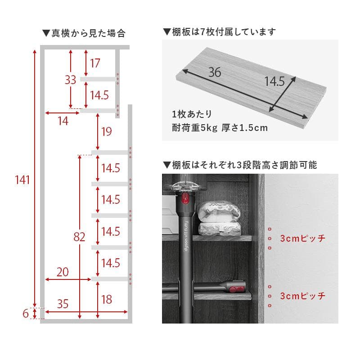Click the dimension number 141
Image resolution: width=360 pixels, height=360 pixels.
(22, 180)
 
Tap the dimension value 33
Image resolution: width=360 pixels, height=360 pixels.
(70, 80)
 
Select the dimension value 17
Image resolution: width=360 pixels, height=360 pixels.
(94, 63)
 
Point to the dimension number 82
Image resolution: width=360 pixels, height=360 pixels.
(79, 237)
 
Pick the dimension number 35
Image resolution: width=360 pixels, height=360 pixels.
(63, 304)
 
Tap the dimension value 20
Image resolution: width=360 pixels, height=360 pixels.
(63, 272)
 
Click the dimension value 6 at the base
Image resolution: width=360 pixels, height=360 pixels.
(25, 313)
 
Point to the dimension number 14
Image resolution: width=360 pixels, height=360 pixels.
(63, 121)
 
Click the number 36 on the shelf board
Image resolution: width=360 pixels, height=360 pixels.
(215, 72)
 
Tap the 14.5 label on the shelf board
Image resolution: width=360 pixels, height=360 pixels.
(274, 81)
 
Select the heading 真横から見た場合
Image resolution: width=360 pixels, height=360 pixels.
(83, 33)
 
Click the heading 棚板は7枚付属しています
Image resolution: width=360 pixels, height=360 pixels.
(219, 32)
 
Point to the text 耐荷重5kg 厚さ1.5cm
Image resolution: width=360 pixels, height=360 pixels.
(220, 128)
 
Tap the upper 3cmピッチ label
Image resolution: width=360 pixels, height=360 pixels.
(302, 238)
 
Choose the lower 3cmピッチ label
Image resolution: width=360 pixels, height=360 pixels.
(302, 296)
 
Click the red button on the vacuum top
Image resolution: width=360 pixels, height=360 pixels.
(184, 198)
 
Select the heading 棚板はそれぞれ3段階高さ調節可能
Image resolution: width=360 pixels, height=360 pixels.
(239, 165)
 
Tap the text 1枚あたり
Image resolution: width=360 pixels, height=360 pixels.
(191, 114)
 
